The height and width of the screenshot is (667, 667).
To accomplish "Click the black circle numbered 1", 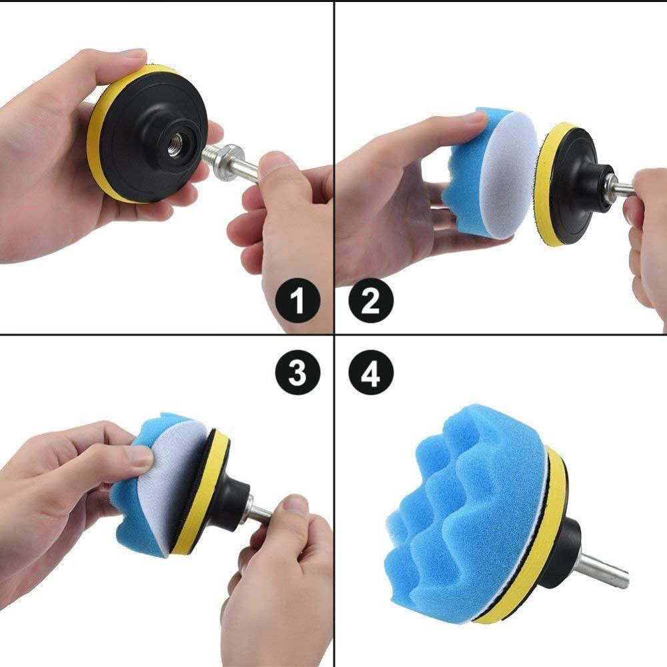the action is pos(297,300).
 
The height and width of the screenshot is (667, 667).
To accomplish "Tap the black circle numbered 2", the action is pos(370,300).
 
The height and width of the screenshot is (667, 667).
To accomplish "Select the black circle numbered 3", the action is pos(297,372).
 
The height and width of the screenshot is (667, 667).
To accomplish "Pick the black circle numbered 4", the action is pos(370,372).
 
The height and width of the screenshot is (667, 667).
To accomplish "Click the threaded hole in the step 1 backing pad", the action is pos(175,147).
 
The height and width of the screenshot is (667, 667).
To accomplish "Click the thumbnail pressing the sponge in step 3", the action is pos(141,458).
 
